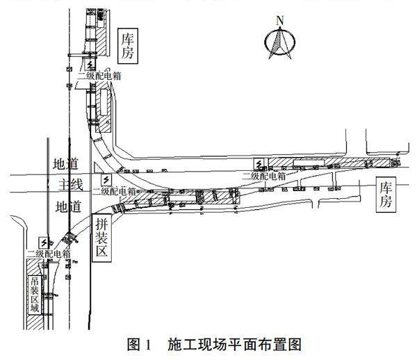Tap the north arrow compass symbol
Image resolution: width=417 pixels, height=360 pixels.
[280, 42]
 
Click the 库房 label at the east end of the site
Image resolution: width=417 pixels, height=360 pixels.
[386, 193]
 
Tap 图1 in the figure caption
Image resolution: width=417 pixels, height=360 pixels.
[139, 345]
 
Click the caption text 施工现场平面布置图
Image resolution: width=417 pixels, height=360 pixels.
[233, 345]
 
